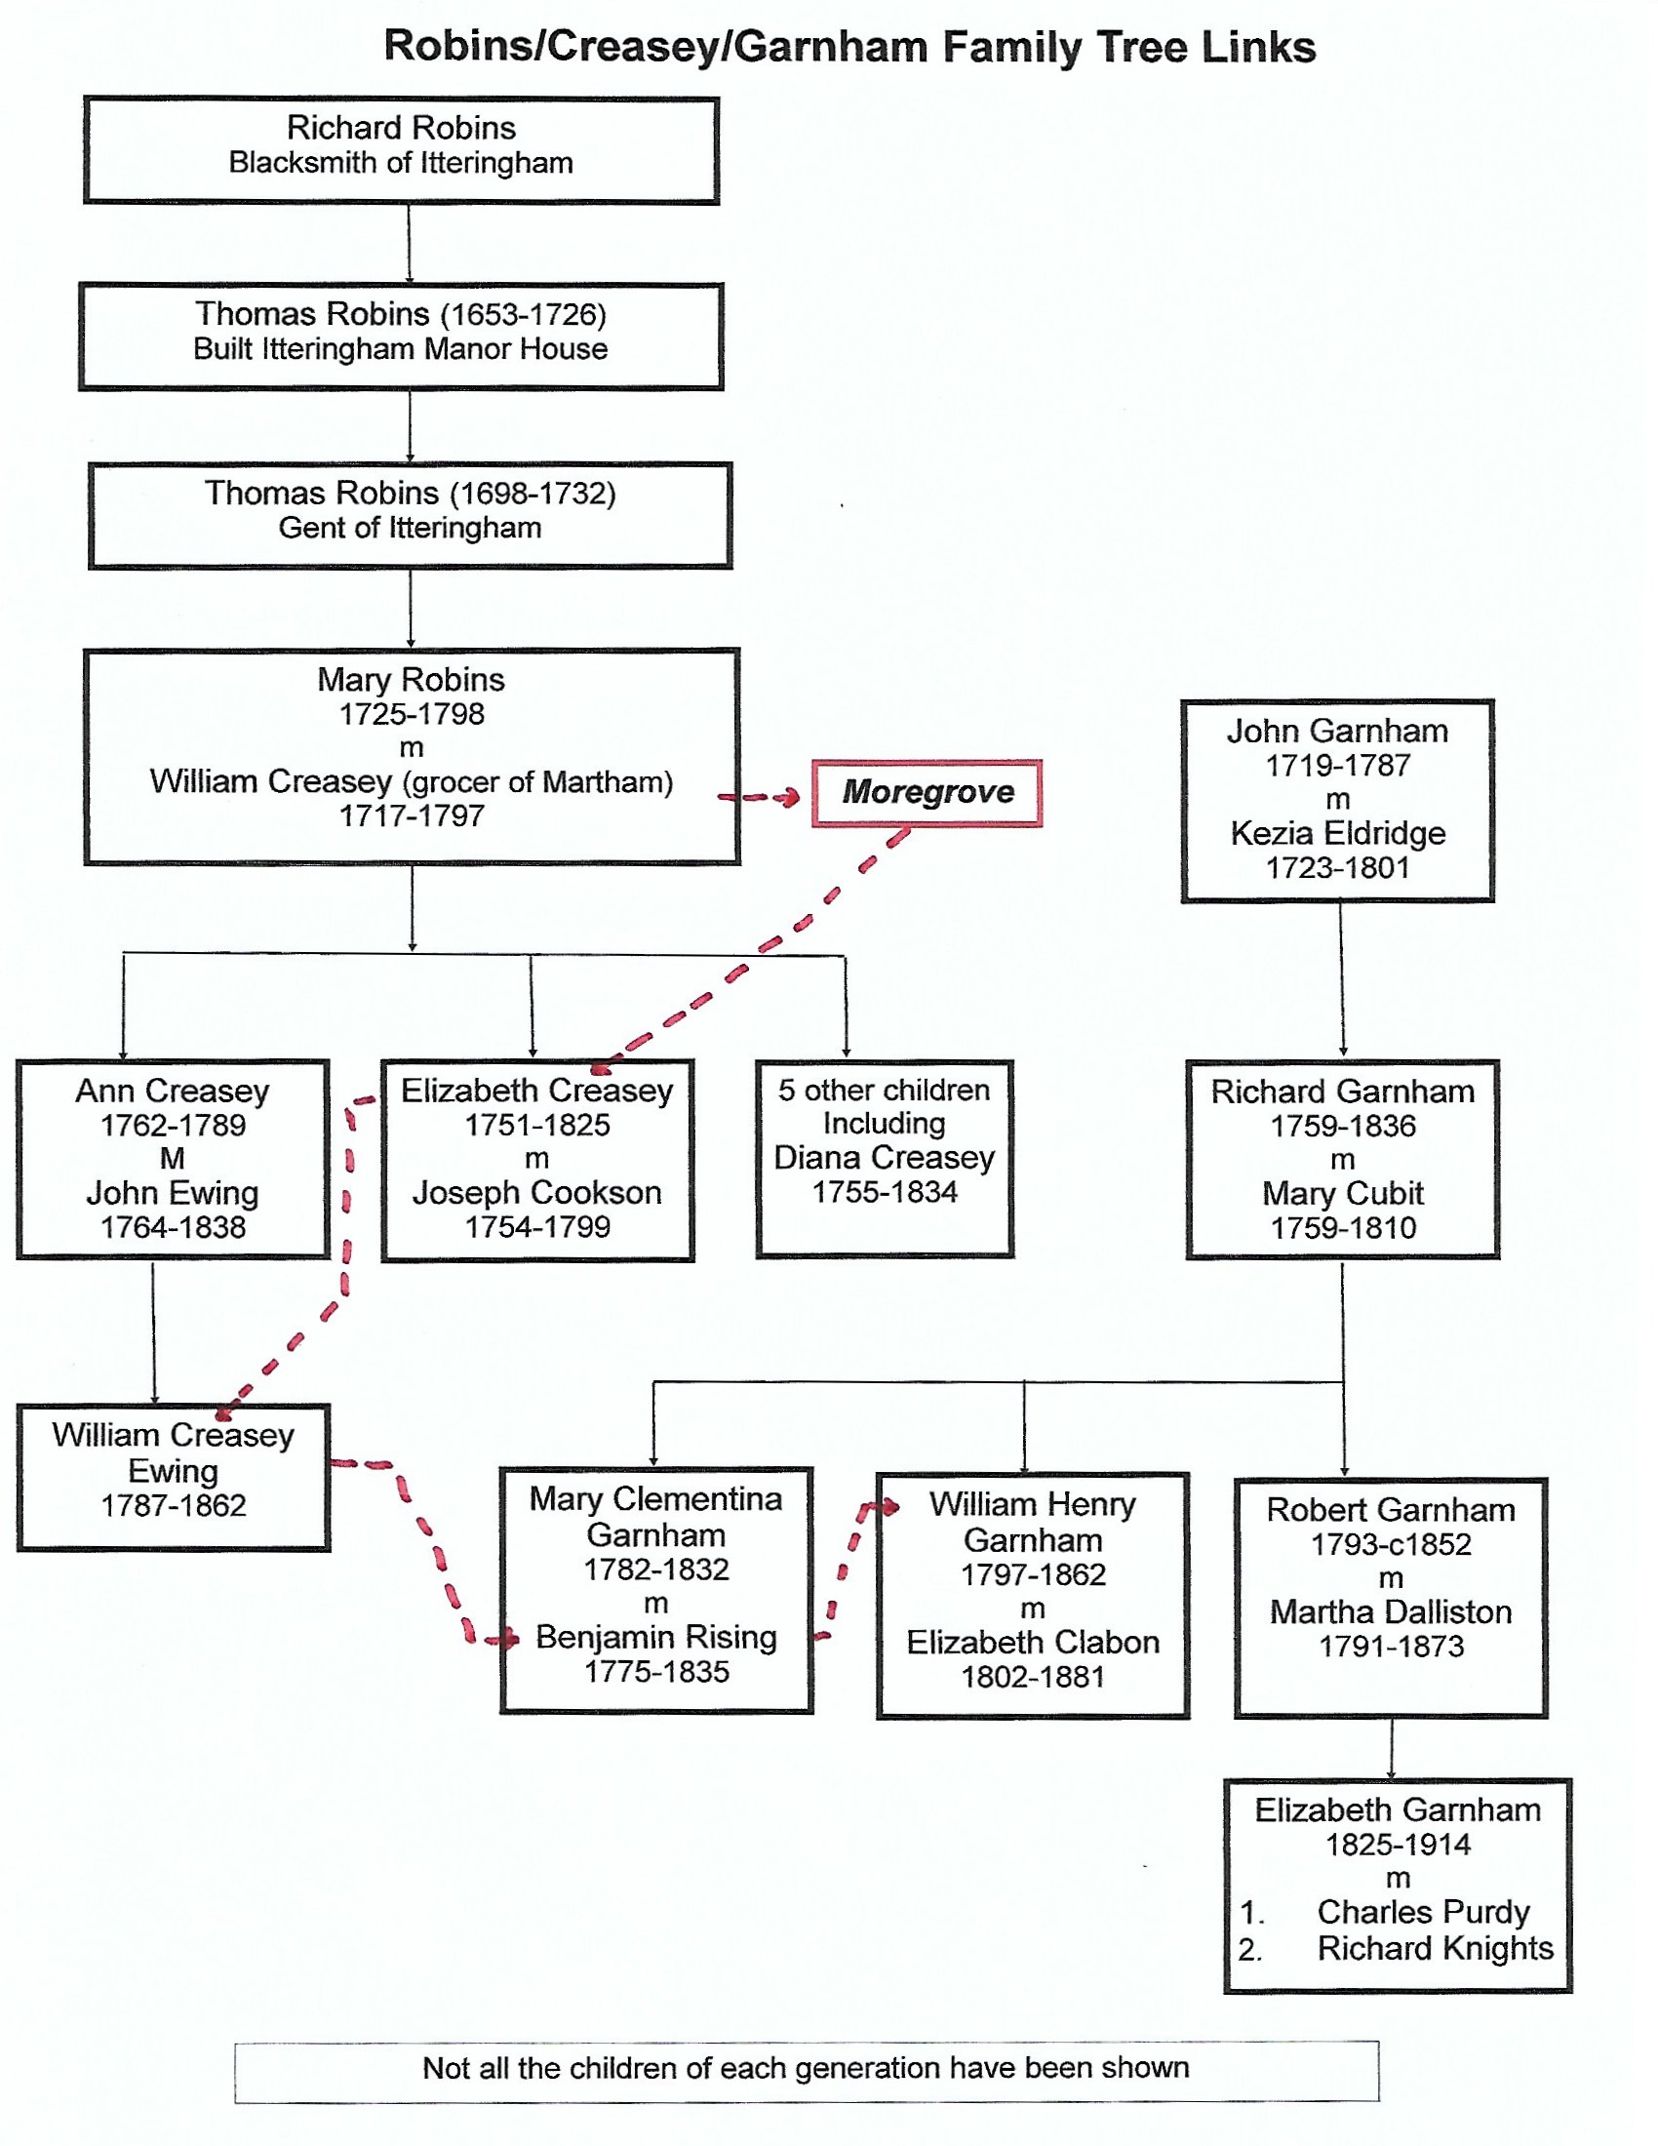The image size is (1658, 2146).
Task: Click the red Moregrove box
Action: (927, 792)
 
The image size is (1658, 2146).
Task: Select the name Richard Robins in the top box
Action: (401, 128)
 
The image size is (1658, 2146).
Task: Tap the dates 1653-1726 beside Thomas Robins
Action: (524, 314)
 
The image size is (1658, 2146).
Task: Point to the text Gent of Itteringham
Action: (410, 529)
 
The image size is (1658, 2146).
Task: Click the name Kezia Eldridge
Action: (1338, 833)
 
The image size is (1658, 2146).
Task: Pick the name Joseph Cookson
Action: (537, 1193)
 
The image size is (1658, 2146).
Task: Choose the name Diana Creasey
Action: (884, 1159)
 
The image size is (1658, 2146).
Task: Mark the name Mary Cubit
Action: (1343, 1194)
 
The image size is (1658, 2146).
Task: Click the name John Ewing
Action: (173, 1194)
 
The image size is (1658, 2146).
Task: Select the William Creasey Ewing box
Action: (173, 1477)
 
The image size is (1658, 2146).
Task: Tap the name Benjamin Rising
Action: (656, 1638)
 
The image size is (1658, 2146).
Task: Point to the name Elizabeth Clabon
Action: (1032, 1643)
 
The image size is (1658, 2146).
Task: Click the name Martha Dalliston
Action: (1391, 1612)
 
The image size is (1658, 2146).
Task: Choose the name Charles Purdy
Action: (1423, 1912)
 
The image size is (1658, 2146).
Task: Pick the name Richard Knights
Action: (1435, 1949)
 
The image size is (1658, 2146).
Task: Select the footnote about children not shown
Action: (806, 2068)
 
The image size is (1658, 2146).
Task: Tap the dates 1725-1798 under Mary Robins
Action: (412, 714)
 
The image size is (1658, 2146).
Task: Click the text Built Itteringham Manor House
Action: (400, 350)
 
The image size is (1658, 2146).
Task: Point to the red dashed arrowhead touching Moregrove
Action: (791, 798)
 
